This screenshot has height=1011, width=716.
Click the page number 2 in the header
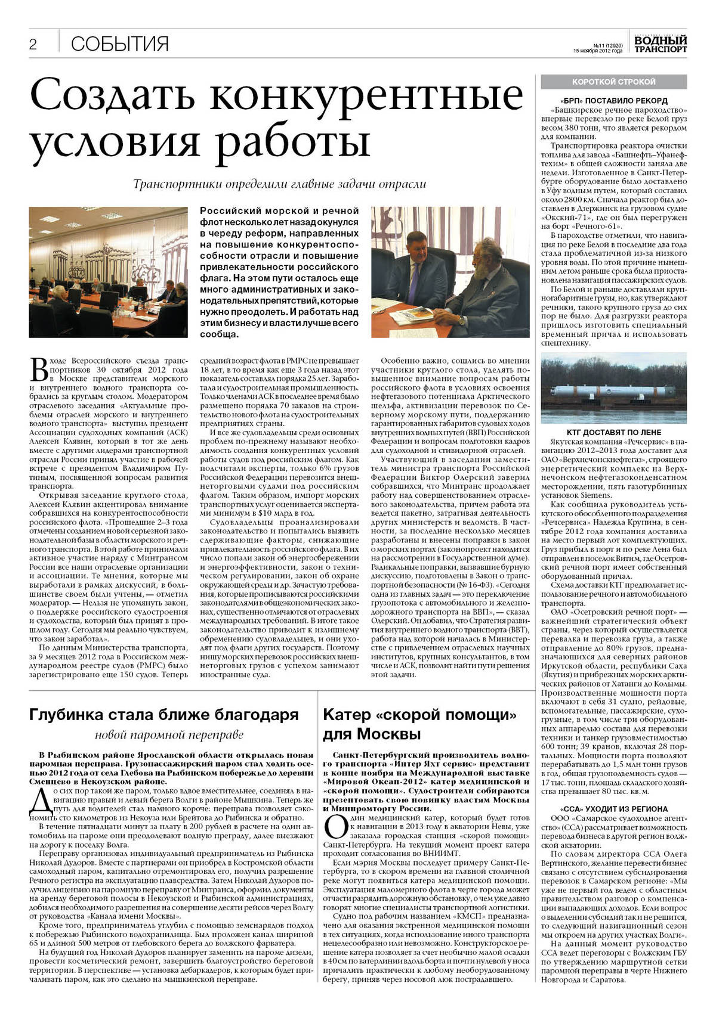(x=33, y=44)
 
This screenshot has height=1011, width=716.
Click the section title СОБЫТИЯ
(x=120, y=44)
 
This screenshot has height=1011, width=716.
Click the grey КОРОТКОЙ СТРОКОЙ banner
(x=613, y=82)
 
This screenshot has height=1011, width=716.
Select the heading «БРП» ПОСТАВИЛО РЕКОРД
(x=613, y=101)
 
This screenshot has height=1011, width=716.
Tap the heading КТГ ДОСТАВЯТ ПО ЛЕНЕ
(x=613, y=432)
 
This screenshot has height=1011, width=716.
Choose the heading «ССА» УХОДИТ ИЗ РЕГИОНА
(x=613, y=809)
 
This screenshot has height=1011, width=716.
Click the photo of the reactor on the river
(x=613, y=388)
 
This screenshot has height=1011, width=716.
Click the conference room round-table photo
(x=108, y=272)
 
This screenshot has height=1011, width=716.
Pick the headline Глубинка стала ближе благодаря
(x=164, y=715)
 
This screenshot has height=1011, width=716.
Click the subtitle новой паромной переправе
(x=169, y=734)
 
